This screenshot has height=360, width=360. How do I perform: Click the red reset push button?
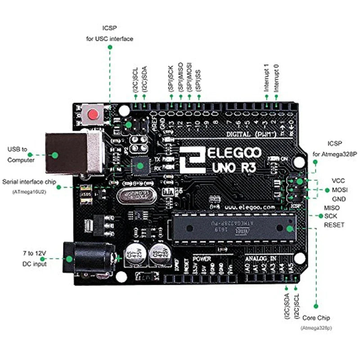pos(93,114)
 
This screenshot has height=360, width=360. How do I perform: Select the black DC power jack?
pos(88,259)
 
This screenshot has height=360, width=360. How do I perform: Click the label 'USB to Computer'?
pos(21,154)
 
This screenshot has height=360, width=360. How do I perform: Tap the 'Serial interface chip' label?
pos(30,182)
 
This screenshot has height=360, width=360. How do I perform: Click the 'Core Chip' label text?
pos(316,318)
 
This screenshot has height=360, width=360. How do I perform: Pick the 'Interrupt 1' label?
pos(266,78)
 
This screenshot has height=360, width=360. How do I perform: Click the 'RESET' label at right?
pos(334,224)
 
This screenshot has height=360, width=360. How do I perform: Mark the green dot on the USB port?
pos(55,154)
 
